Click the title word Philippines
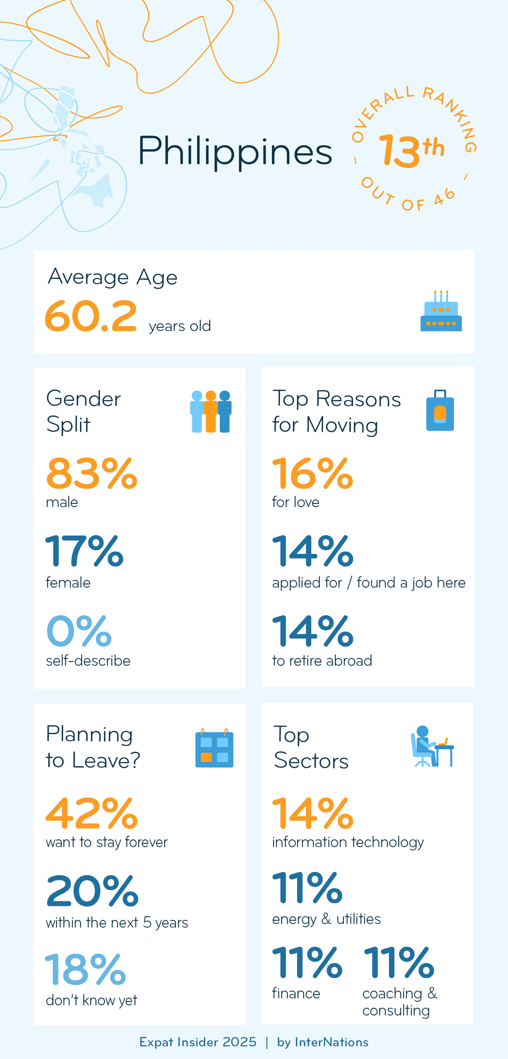[x=234, y=152]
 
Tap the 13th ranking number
[x=411, y=151]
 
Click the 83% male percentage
[x=92, y=474]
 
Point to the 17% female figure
[x=85, y=551]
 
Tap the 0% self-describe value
[x=79, y=631]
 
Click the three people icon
[x=211, y=411]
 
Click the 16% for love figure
[x=313, y=474]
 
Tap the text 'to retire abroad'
[x=322, y=660]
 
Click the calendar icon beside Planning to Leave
[x=214, y=748]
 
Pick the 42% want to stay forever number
[x=92, y=813]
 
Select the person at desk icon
[x=432, y=747]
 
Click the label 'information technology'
[x=347, y=842]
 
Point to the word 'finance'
[x=296, y=993]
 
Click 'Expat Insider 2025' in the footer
[x=198, y=1042]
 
